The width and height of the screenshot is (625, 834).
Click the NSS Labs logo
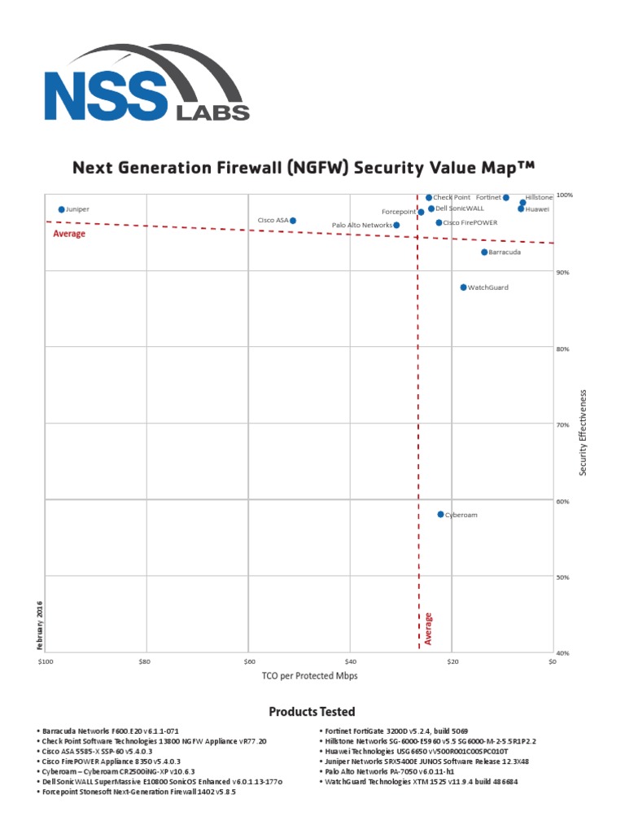(x=146, y=84)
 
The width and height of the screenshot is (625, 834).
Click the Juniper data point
(x=61, y=209)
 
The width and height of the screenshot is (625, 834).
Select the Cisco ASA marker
(x=293, y=221)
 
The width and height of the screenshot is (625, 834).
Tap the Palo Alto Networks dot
(x=396, y=225)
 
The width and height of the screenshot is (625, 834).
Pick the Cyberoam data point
(x=441, y=515)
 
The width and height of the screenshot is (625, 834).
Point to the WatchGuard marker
(x=464, y=288)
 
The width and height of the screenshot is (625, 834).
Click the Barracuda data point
(x=484, y=252)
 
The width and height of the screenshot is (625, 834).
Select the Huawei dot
(x=521, y=208)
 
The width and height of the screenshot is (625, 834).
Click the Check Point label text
(x=452, y=197)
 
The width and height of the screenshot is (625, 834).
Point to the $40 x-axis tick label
(x=351, y=661)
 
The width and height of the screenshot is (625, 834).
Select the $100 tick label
(x=45, y=661)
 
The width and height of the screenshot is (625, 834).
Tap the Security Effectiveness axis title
(x=583, y=432)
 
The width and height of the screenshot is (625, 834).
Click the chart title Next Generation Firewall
(x=304, y=169)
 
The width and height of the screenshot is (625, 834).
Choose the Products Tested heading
(x=312, y=712)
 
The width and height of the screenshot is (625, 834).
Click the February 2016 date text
(x=38, y=625)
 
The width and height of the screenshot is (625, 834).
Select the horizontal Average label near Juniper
(x=69, y=234)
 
